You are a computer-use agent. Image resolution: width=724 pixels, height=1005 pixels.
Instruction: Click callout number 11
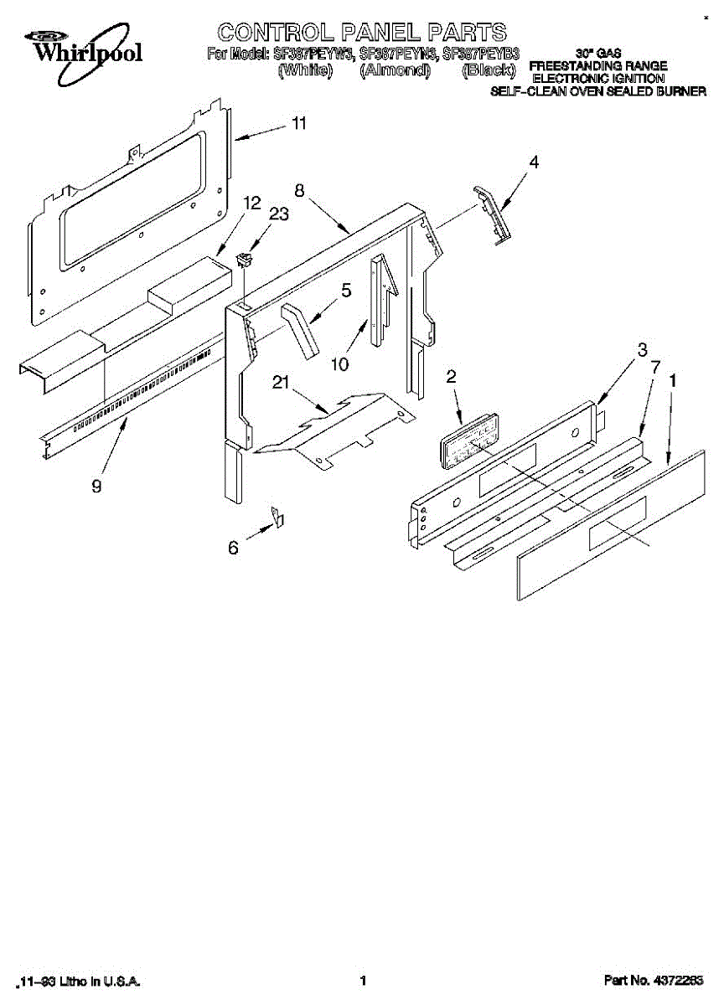click(x=299, y=124)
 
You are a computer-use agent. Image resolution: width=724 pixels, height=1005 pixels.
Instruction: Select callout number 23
click(x=278, y=214)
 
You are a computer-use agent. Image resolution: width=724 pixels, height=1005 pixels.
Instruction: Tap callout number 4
click(x=533, y=164)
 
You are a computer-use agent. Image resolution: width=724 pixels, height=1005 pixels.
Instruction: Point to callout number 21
click(x=280, y=383)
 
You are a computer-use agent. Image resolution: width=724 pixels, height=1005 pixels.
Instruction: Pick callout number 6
click(x=233, y=548)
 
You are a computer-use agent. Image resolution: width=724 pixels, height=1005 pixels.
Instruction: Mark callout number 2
click(x=451, y=378)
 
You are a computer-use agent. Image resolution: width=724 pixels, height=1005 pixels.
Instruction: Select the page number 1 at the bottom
click(x=363, y=980)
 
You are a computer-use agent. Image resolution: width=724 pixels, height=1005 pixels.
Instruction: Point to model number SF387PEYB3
click(x=481, y=54)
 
